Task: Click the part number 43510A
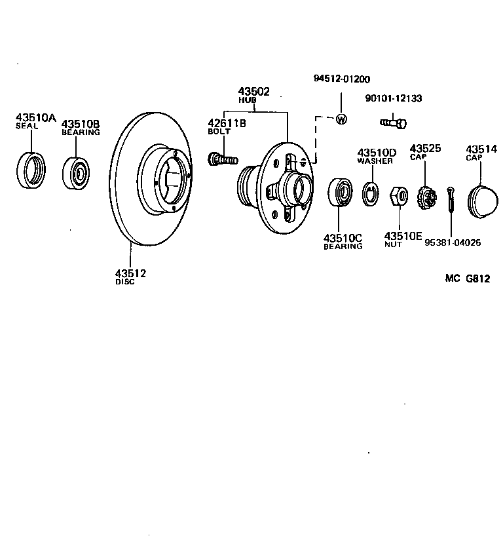(x=36, y=118)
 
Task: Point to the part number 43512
(x=130, y=273)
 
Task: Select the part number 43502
(x=253, y=92)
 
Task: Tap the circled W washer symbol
(x=341, y=119)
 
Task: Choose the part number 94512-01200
(x=341, y=79)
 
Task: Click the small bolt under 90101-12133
(x=393, y=121)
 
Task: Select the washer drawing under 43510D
(x=371, y=193)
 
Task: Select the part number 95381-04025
(x=453, y=242)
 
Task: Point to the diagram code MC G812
(x=468, y=278)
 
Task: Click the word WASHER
(x=375, y=161)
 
